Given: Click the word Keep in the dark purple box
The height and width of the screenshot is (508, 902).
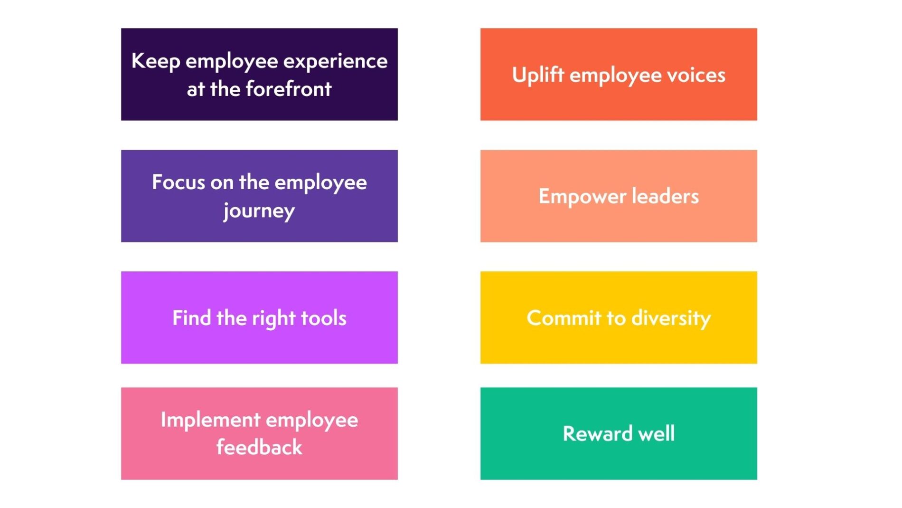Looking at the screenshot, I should (155, 61).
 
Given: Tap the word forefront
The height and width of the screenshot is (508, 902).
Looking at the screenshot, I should (289, 89).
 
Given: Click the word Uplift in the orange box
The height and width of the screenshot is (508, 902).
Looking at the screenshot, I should (538, 75).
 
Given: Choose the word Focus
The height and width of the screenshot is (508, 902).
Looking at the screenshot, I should (178, 182).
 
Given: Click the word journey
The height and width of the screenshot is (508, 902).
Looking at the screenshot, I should (259, 210).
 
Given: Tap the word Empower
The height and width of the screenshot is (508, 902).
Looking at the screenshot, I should (576, 196).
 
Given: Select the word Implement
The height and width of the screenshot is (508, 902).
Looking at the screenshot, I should (210, 420).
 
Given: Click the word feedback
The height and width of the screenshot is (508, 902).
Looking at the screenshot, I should (259, 448).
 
